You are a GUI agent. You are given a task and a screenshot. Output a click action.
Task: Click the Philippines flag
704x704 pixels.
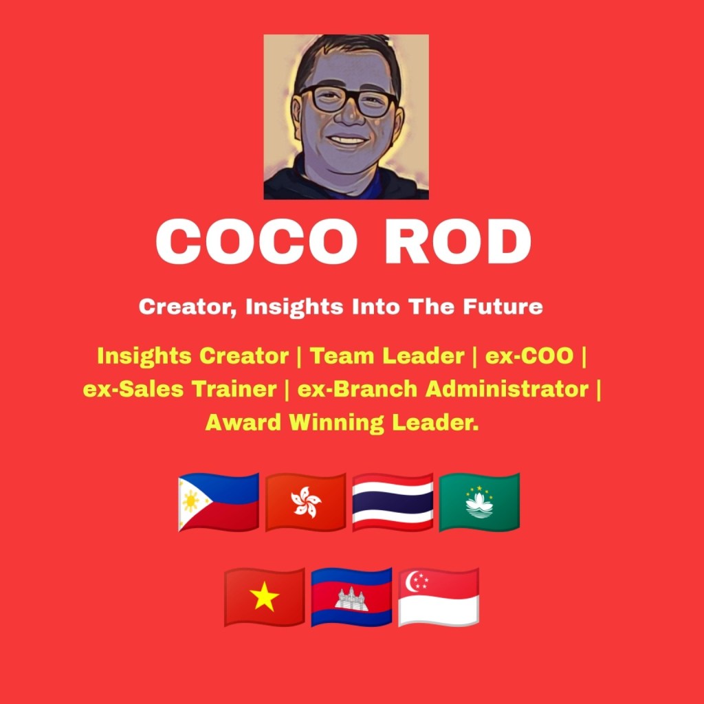[219, 502]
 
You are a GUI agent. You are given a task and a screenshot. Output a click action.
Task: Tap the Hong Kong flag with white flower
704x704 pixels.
[306, 502]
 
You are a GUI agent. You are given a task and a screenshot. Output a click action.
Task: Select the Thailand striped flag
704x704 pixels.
[393, 502]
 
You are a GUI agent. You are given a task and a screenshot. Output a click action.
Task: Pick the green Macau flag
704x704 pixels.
[479, 502]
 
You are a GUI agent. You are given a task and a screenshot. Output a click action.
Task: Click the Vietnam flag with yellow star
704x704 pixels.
[265, 597]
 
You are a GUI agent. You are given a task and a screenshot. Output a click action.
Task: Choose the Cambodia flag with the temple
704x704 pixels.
[351, 597]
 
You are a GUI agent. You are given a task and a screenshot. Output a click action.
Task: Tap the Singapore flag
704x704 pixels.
[439, 597]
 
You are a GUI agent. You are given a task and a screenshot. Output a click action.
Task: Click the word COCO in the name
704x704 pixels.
[257, 241]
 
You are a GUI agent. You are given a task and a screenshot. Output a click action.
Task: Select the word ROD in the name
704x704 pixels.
[458, 241]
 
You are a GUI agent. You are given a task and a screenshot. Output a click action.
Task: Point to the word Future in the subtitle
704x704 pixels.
[503, 307]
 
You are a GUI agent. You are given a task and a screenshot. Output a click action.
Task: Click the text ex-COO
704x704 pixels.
[529, 356]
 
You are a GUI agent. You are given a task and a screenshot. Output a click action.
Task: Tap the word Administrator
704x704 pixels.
[507, 389]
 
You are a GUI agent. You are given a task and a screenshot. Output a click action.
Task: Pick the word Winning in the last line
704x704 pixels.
[336, 423]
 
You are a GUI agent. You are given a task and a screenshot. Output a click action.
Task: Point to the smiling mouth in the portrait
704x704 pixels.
[347, 140]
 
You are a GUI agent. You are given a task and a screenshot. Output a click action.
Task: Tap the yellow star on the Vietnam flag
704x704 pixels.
[265, 596]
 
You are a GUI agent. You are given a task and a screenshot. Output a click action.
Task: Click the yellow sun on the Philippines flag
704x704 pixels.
[191, 501]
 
